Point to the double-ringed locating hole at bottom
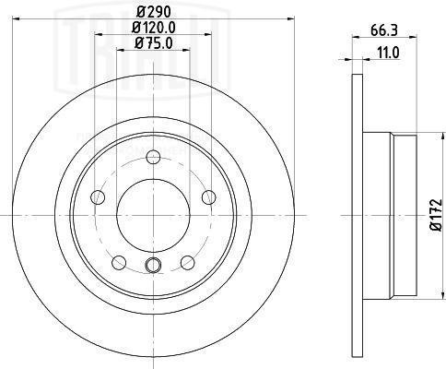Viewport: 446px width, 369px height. click(153, 268)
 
